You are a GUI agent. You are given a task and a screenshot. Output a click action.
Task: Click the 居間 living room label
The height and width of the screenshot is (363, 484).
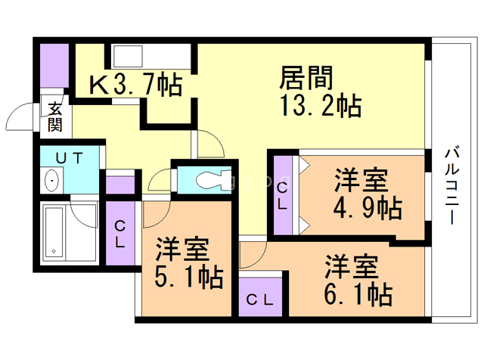point(307,78)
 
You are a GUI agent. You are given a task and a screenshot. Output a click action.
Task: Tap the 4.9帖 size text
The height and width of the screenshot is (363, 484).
point(369,206)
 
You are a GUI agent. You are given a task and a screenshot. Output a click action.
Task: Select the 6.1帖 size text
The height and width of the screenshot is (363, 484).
point(358,293)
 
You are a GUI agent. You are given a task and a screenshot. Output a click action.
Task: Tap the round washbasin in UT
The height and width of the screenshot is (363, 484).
point(51,181)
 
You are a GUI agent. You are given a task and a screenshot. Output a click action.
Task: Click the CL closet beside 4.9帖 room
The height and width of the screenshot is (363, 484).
point(282,195)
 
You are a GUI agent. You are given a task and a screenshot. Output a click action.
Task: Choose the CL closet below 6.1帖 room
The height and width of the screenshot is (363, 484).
point(260,299)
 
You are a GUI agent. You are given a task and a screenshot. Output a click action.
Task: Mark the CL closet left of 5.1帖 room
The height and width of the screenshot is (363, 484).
point(120,234)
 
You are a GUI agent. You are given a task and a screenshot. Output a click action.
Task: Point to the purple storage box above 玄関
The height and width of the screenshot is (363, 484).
point(54,67)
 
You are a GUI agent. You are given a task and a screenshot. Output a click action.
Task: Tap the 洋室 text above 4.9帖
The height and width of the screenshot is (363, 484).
point(362,179)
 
